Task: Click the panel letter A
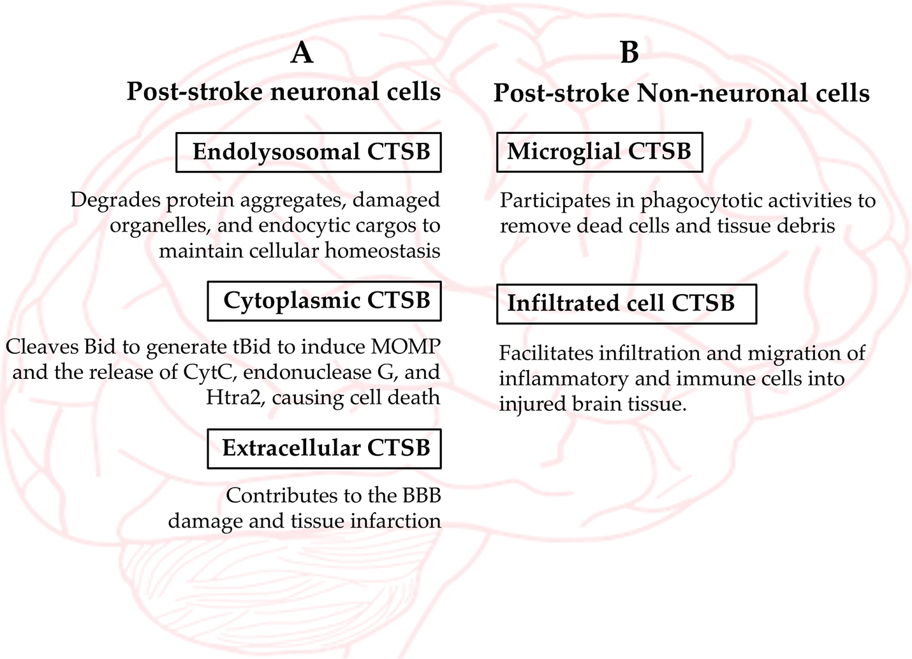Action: pos(302,52)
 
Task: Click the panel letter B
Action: pos(629,52)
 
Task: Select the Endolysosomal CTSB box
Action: pos(309,152)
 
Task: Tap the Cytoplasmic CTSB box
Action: pos(324,301)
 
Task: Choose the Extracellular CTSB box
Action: pos(324,449)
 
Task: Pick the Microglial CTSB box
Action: pos(599,152)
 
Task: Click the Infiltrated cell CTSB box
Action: pos(626,304)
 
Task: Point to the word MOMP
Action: pos(405,347)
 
